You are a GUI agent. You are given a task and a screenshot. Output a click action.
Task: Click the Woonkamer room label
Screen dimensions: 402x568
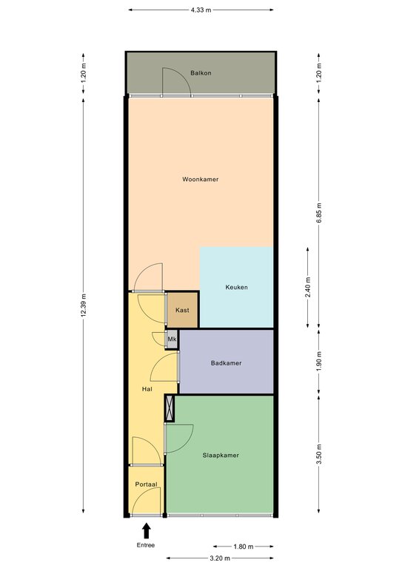200,179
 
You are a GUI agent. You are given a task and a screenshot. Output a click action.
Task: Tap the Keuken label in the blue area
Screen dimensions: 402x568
236,287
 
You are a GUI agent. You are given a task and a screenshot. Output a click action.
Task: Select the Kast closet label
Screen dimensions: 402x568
182,310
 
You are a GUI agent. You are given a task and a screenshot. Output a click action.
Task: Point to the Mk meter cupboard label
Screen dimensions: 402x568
172,339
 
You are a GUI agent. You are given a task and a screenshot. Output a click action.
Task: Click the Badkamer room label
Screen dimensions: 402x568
227,363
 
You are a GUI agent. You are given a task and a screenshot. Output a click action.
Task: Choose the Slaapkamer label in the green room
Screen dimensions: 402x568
221,456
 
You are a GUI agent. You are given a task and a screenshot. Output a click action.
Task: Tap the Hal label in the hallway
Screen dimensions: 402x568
147,389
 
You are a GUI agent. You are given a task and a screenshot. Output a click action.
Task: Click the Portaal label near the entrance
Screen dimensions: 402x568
146,484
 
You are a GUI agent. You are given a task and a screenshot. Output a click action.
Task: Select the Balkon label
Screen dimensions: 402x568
201,72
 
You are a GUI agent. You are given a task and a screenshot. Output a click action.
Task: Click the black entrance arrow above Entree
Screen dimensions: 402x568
146,531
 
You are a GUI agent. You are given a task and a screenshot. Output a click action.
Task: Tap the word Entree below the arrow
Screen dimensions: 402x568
146,545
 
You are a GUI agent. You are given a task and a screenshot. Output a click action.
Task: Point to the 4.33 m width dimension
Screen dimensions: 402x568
201,10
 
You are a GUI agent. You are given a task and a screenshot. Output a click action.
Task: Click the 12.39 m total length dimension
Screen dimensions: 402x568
84,305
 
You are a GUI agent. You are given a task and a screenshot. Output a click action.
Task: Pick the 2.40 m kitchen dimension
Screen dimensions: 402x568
308,287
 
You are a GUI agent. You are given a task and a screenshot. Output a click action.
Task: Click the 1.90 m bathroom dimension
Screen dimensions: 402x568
319,361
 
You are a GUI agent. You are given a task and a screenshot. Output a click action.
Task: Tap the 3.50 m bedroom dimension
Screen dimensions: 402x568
319,454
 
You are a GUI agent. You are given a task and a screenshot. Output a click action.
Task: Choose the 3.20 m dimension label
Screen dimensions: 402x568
220,558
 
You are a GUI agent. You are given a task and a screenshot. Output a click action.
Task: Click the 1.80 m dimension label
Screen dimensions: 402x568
244,547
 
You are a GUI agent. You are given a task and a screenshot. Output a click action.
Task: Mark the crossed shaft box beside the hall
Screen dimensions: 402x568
170,408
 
